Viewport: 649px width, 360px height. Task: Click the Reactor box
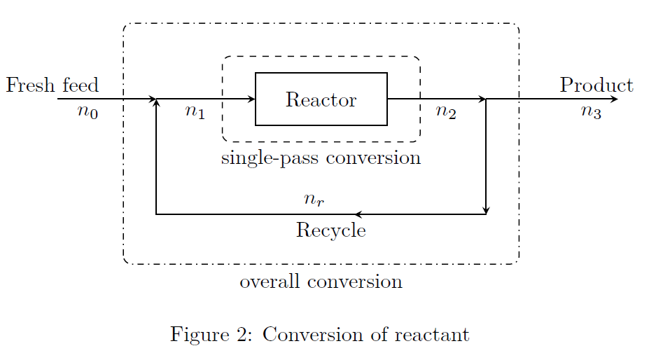pos(321,99)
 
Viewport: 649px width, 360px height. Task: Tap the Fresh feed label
pos(52,85)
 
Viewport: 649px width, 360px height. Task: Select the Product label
pos(596,85)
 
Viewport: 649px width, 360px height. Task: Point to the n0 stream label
pos(88,112)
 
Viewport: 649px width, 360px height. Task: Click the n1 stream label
pos(195,112)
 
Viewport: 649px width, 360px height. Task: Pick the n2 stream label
pos(446,112)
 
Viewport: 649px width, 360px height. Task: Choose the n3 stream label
pos(591,112)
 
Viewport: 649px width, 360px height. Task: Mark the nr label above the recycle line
pos(314,200)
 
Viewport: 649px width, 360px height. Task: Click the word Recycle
pos(330,230)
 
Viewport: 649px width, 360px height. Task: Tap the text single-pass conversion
pos(321,158)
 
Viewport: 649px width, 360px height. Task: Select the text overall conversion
pos(321,282)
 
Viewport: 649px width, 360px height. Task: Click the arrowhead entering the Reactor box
pos(252,99)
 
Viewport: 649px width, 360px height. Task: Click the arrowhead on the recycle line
pos(358,214)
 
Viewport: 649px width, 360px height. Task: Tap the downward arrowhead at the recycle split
pos(486,210)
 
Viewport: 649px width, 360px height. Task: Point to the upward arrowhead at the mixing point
pos(156,103)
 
